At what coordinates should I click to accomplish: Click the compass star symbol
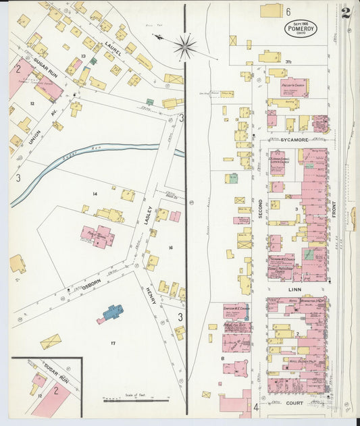click(184, 47)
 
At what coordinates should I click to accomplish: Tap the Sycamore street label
click(294, 140)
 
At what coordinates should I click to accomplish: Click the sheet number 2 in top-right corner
click(345, 13)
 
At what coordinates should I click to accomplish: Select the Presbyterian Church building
click(294, 87)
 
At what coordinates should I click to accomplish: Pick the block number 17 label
click(113, 344)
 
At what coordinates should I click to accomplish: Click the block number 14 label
click(95, 194)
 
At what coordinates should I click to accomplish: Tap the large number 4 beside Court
click(256, 408)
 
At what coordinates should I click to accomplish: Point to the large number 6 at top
click(287, 12)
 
